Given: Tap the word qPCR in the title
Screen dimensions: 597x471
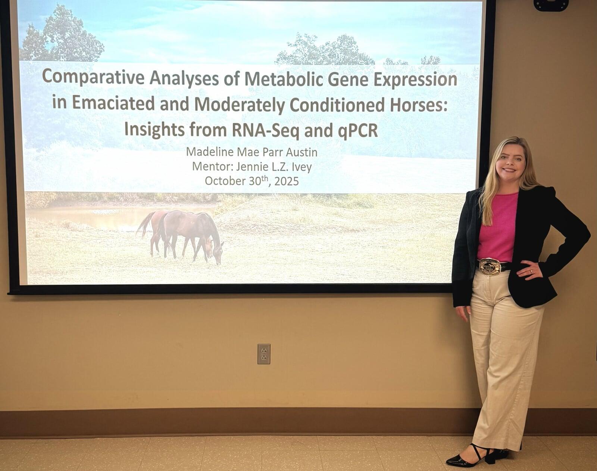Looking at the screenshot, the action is (x=358, y=130).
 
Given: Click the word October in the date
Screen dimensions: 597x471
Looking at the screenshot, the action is (x=224, y=181).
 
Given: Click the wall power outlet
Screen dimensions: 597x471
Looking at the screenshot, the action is (x=264, y=354).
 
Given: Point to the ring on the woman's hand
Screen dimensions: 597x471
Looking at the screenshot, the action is (x=531, y=271).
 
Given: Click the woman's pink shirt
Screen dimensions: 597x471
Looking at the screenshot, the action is (x=498, y=227).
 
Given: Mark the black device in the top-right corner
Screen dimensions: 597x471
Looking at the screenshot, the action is (x=551, y=5).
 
